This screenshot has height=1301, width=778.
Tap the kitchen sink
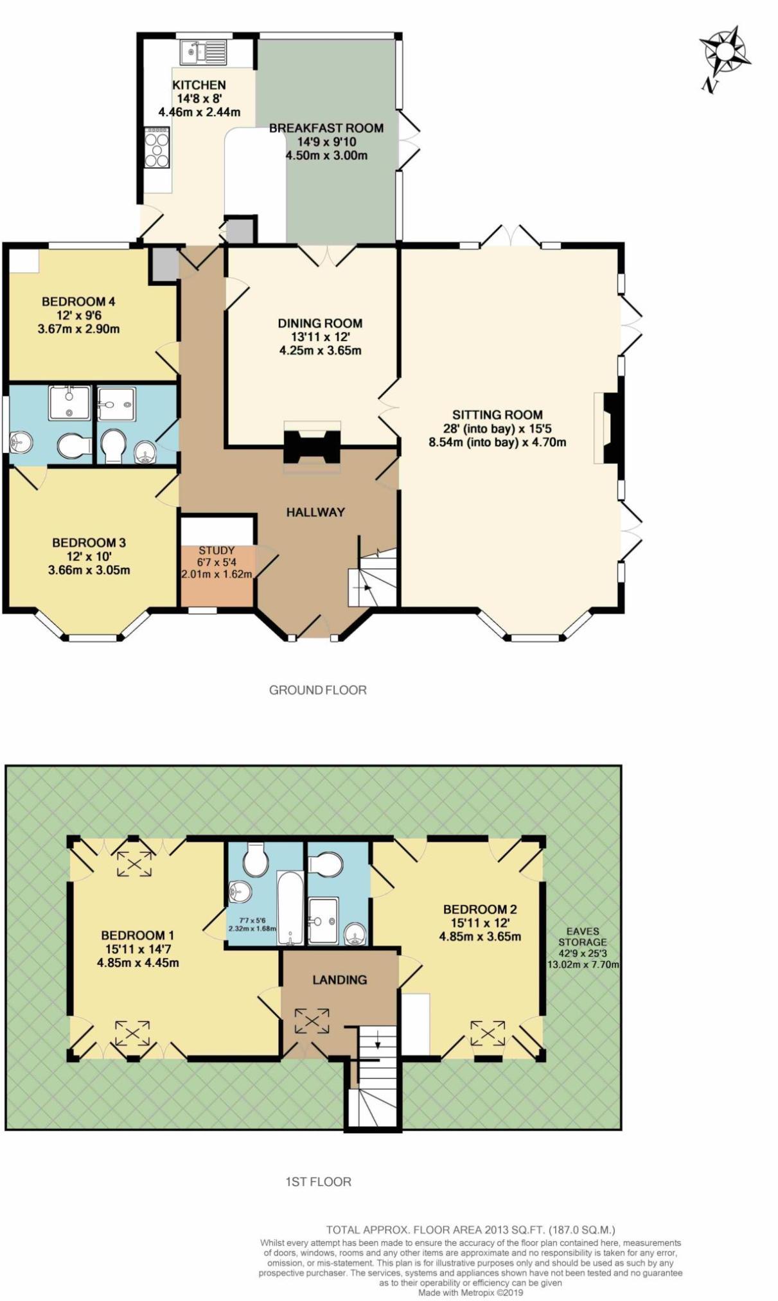(203, 51)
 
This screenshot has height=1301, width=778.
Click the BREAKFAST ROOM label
(326, 128)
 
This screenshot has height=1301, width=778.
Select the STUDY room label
(217, 551)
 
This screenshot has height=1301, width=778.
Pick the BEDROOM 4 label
(78, 301)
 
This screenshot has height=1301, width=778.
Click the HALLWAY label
(315, 512)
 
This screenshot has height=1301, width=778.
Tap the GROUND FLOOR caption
(317, 690)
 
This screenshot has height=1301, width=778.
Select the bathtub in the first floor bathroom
(290, 907)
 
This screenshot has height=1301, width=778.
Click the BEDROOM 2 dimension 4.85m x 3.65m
(479, 936)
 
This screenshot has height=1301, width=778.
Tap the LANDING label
(339, 980)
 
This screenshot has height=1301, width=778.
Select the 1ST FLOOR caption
(318, 1182)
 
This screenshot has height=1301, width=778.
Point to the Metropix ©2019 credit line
(470, 1293)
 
